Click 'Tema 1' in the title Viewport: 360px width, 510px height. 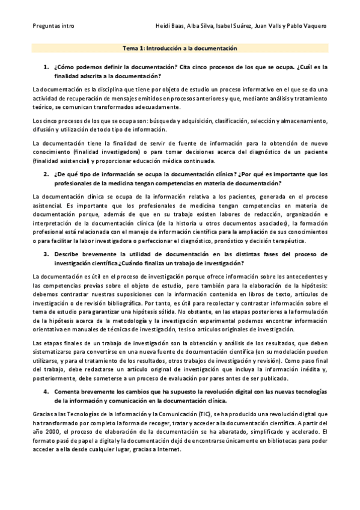coord(132,48)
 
